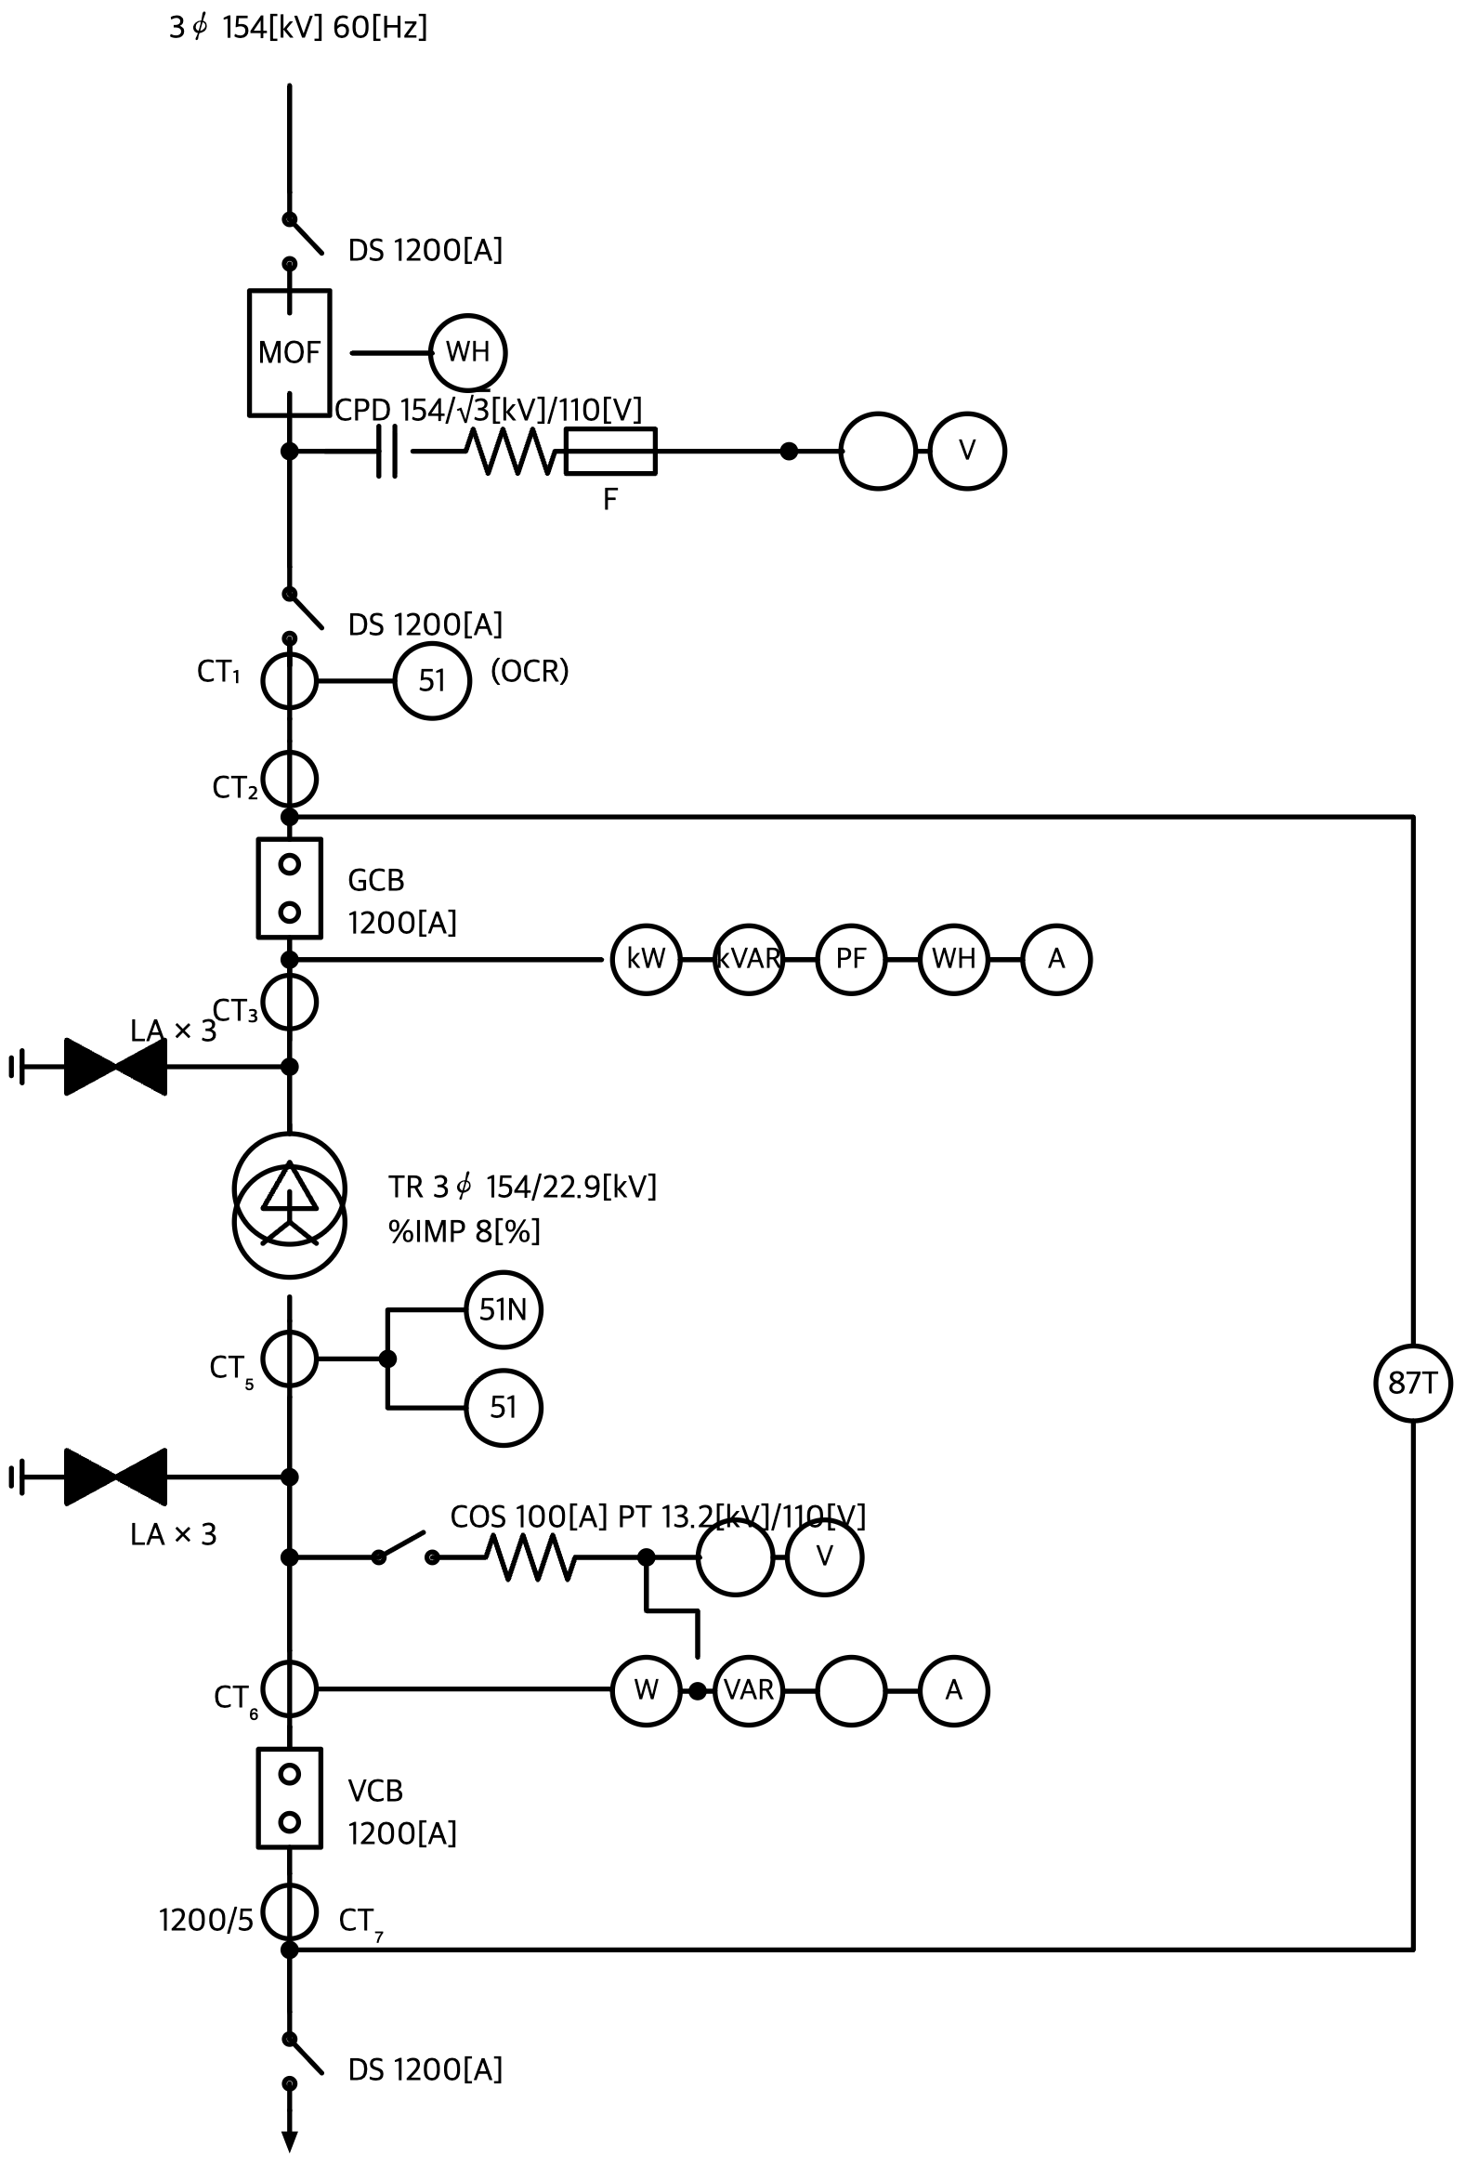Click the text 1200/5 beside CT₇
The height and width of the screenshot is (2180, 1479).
206,1913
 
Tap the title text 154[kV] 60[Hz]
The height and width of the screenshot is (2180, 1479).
324,28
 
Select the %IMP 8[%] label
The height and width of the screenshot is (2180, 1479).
465,1230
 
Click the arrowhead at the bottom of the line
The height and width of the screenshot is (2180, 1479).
289,2160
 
